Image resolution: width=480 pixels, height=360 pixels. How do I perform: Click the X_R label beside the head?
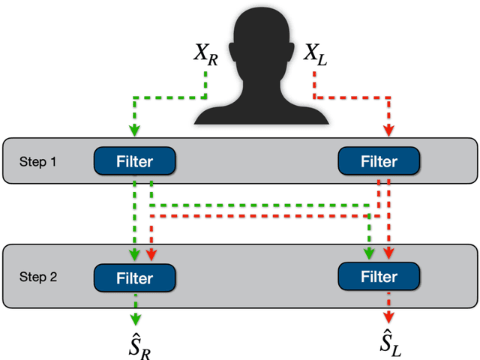click(204, 55)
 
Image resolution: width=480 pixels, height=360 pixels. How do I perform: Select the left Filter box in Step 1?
click(134, 161)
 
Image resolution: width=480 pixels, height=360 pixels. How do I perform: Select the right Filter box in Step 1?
click(379, 161)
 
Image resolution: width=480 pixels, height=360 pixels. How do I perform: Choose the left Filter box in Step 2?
click(134, 277)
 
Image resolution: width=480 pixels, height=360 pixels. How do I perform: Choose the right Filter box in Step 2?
click(379, 276)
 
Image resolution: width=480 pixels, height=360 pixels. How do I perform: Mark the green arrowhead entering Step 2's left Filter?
click(134, 254)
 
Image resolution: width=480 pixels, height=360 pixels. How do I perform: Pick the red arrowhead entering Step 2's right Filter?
click(388, 253)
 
